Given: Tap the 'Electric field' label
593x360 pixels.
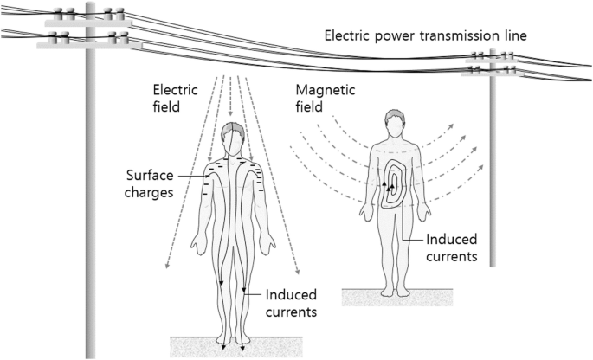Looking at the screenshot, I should [x=175, y=98].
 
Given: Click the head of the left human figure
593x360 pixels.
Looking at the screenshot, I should [x=231, y=137].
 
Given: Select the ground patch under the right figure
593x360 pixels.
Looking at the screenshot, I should [x=394, y=298].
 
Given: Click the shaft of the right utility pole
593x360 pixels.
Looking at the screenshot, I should [x=493, y=173].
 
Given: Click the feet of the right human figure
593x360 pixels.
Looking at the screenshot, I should [x=394, y=291].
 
